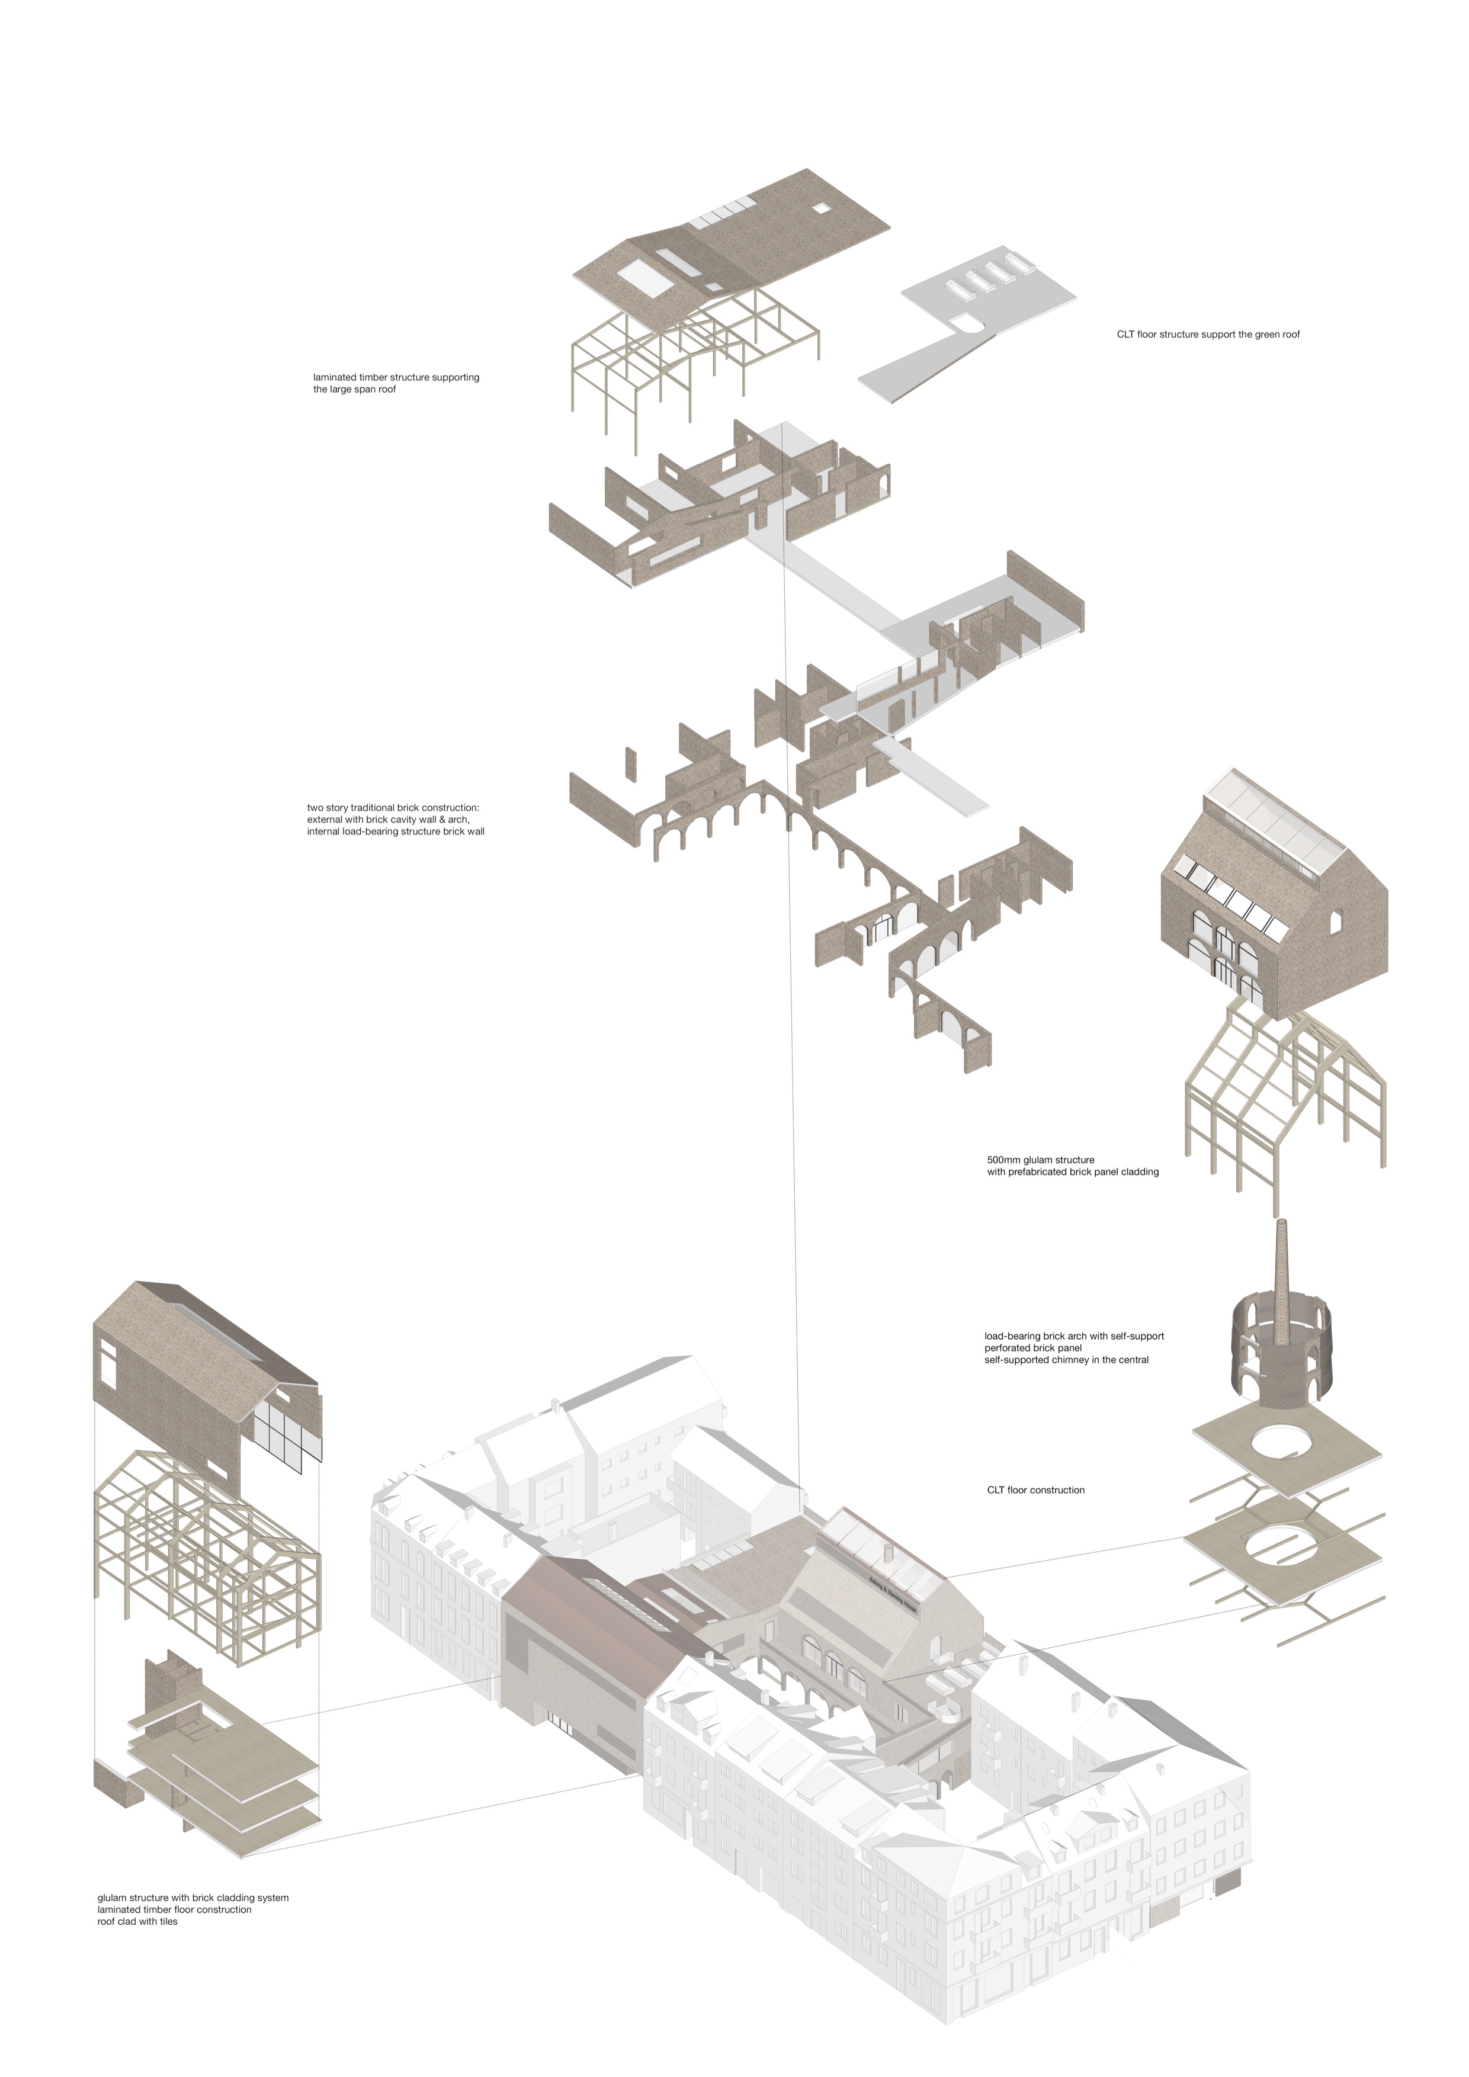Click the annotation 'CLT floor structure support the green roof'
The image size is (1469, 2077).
(1208, 335)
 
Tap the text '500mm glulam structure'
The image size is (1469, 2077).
(1040, 1160)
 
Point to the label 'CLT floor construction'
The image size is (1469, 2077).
(1036, 1490)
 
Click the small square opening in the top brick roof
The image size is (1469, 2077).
(820, 208)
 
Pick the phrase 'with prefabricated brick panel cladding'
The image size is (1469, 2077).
(1073, 1171)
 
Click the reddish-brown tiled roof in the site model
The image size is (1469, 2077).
(592, 1619)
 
